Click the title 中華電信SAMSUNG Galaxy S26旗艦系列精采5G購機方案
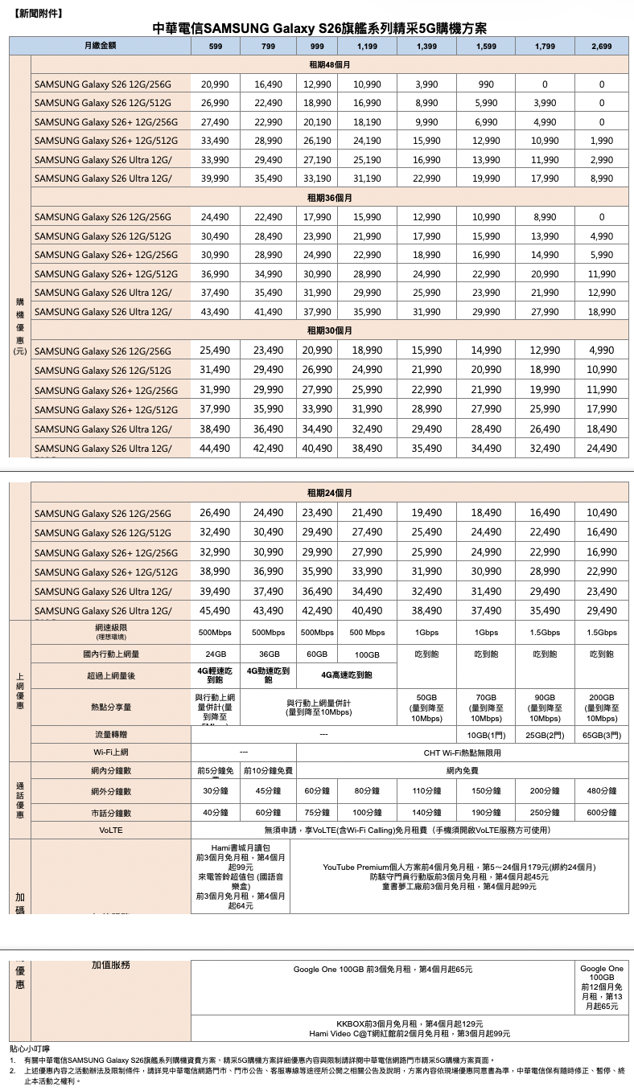[x=319, y=29]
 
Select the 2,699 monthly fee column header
[x=601, y=47]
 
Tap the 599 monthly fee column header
[x=216, y=47]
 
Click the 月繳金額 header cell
[x=101, y=47]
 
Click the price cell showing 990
[x=485, y=84]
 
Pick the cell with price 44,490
[x=216, y=448]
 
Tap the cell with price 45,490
[x=216, y=611]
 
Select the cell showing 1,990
[x=601, y=141]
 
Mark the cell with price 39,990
[x=216, y=178]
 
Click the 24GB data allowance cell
[x=216, y=654]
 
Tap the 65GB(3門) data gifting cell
[x=601, y=735]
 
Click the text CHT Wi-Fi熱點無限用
[x=462, y=753]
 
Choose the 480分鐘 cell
[x=601, y=790]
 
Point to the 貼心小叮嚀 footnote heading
[x=30, y=1049]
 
